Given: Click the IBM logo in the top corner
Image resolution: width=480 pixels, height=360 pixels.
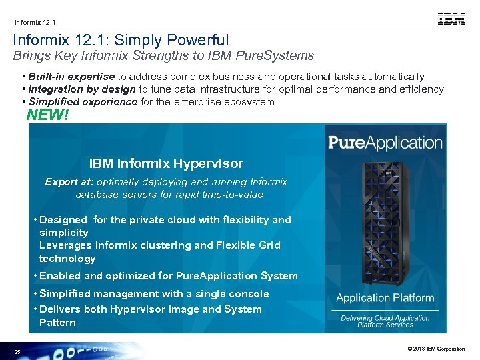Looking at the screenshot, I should [451, 19].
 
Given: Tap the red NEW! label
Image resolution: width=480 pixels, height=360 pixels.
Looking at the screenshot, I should [47, 115].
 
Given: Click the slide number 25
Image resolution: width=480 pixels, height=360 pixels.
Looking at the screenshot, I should [17, 351].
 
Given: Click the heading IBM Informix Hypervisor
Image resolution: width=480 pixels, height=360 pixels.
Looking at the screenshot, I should [166, 163].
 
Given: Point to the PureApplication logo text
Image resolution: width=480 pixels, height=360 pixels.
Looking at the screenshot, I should [385, 142].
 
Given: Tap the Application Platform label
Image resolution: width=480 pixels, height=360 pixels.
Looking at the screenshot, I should [385, 298].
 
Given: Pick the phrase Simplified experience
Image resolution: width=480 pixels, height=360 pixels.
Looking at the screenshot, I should [83, 101].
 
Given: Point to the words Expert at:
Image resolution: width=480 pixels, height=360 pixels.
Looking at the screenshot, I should [69, 182].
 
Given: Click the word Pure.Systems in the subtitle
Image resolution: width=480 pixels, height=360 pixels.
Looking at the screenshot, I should [277, 56].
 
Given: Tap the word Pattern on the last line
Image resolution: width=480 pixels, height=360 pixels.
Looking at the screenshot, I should [57, 323].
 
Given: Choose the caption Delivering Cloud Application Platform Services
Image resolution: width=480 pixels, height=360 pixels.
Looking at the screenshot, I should [385, 321].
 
